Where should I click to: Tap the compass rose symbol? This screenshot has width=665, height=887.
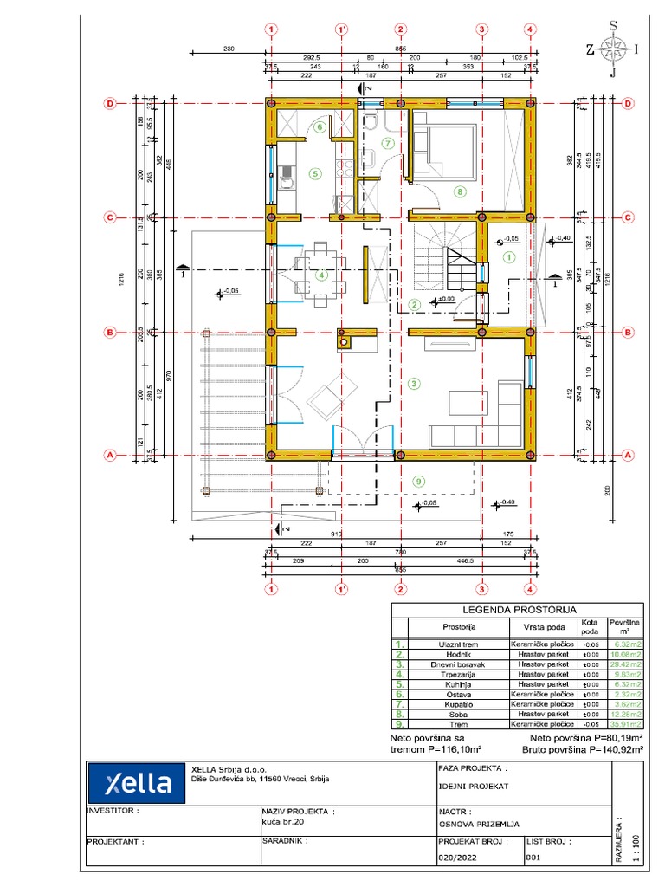point(613,49)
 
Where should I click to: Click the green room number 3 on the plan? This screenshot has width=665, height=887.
point(414,383)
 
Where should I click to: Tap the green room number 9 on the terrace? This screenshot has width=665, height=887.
point(419,482)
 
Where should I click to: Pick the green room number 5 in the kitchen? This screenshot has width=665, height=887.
point(315,173)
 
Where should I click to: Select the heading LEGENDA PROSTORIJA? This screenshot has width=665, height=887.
point(517,610)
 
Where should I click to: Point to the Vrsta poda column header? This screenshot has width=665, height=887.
point(545,626)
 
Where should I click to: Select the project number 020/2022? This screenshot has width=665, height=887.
point(460,858)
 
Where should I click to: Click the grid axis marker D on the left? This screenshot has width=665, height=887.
point(110,103)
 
